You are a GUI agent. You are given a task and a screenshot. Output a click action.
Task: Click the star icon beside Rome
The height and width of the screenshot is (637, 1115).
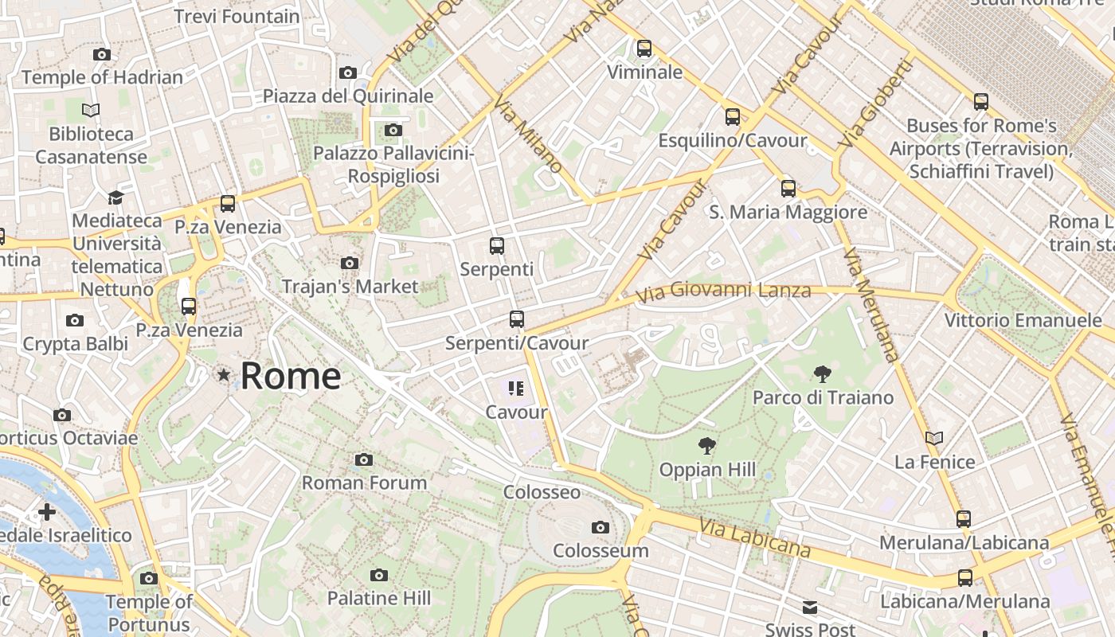pyautogui.click(x=224, y=374)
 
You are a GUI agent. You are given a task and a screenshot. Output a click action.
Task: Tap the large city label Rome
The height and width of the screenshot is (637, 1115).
pyautogui.click(x=291, y=376)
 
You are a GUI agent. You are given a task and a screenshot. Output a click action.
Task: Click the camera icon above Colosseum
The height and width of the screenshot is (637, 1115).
pyautogui.click(x=601, y=527)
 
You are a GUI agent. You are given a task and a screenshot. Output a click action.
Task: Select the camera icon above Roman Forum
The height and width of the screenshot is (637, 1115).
pyautogui.click(x=364, y=459)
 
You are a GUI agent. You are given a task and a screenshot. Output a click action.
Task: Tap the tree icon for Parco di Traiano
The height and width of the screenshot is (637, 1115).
pyautogui.click(x=823, y=373)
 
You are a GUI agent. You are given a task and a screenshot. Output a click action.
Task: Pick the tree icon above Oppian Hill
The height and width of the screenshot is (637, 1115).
pyautogui.click(x=706, y=446)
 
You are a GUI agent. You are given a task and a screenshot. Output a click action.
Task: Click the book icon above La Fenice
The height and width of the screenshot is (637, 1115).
pyautogui.click(x=934, y=438)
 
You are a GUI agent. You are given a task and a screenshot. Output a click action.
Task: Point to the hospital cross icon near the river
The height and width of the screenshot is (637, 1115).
pyautogui.click(x=47, y=511)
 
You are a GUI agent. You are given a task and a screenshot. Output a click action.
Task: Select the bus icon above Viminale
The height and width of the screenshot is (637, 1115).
pyautogui.click(x=644, y=49)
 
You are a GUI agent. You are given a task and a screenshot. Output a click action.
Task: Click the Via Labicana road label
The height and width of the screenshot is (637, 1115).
pyautogui.click(x=755, y=537)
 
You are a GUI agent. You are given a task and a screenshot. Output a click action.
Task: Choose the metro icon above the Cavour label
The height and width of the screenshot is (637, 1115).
pyautogui.click(x=516, y=389)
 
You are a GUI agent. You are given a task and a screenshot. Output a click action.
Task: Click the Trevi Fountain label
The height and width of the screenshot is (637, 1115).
pyautogui.click(x=237, y=16)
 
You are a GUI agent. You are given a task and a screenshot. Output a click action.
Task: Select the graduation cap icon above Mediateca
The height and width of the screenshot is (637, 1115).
pyautogui.click(x=116, y=197)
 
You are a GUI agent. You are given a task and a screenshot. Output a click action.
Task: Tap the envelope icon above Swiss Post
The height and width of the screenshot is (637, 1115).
pyautogui.click(x=810, y=608)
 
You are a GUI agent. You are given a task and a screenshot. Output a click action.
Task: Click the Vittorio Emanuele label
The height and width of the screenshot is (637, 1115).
pyautogui.click(x=1023, y=321)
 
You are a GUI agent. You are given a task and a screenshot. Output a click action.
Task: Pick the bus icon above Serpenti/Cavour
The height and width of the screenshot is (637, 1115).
pyautogui.click(x=517, y=319)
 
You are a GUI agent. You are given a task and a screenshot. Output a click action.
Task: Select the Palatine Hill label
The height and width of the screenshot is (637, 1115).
pyautogui.click(x=379, y=598)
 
